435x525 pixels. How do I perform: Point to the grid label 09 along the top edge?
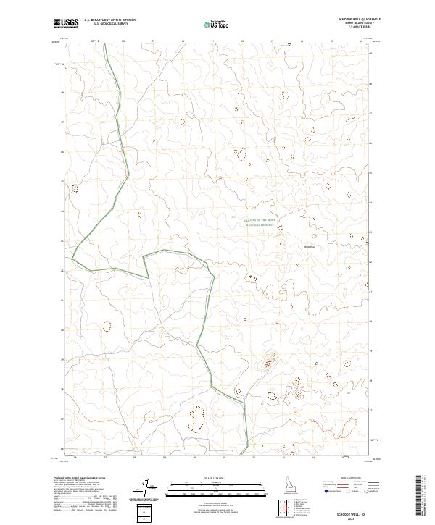tap(153, 41)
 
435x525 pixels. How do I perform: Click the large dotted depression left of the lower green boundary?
tap(196, 417)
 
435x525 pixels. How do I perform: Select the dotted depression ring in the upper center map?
tap(241, 153)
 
